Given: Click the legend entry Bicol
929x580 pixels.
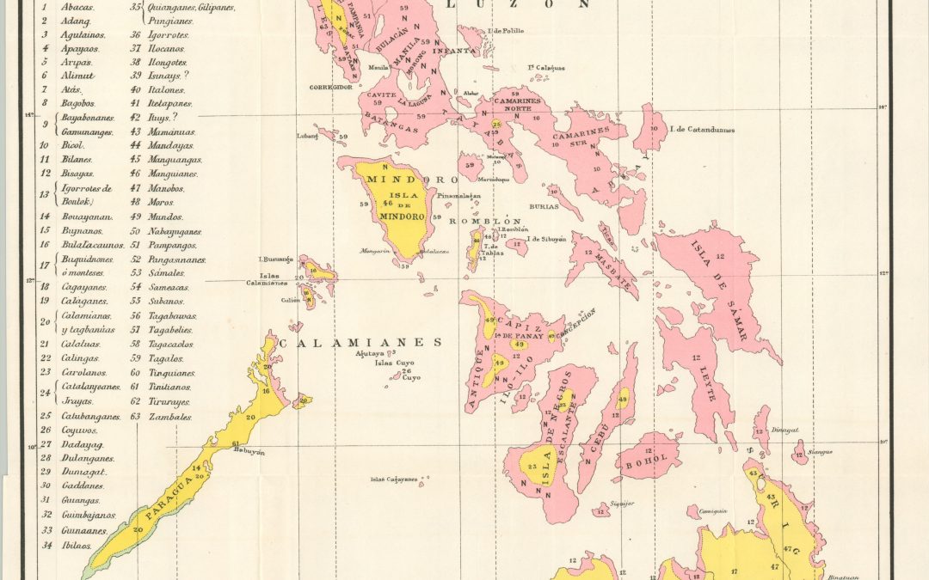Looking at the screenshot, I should pyautogui.click(x=72, y=145).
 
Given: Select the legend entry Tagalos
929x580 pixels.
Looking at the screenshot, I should pyautogui.click(x=166, y=358).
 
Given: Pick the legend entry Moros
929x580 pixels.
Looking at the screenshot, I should pyautogui.click(x=162, y=202).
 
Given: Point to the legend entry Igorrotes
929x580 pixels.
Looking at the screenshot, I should pyautogui.click(x=168, y=35).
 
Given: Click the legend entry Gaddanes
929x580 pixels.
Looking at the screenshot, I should pyautogui.click(x=83, y=485).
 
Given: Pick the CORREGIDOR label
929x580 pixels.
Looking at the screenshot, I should pyautogui.click(x=332, y=88).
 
